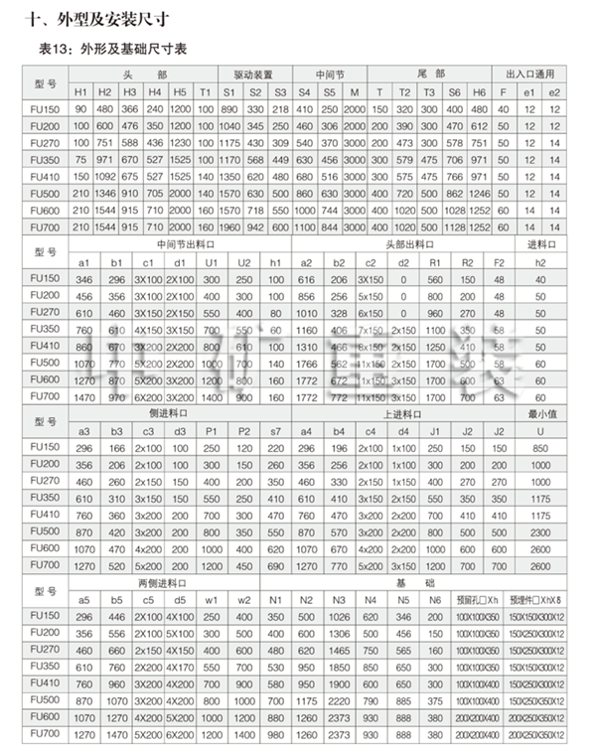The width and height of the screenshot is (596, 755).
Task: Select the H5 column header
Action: pyautogui.click(x=179, y=91)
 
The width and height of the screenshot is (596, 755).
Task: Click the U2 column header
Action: pyautogui.click(x=244, y=262)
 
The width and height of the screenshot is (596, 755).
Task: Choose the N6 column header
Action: pyautogui.click(x=435, y=599)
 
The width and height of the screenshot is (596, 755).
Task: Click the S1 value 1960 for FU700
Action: pyautogui.click(x=229, y=227)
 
